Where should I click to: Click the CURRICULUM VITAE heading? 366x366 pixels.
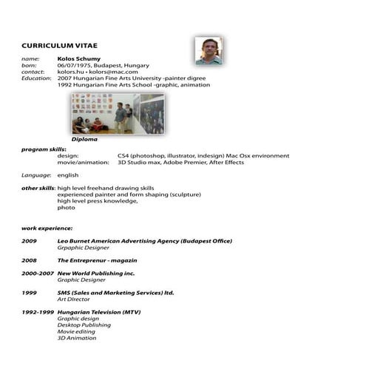[x=59, y=45]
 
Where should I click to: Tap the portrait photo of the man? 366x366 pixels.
[x=209, y=50]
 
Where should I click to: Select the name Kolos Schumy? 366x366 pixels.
[x=78, y=58]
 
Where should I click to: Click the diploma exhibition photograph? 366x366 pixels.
[x=118, y=113]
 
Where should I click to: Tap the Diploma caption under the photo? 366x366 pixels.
[x=84, y=139]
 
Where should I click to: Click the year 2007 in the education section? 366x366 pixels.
[x=64, y=78]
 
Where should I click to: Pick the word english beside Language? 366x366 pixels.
[x=67, y=175]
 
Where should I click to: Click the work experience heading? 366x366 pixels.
[x=47, y=228]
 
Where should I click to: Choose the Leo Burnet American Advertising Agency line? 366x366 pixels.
[x=145, y=241]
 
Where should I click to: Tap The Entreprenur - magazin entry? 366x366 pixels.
[x=97, y=260]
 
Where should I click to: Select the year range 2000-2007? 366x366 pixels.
[x=38, y=274]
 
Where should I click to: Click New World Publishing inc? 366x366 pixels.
[x=96, y=274]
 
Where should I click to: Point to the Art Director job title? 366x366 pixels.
[x=75, y=299]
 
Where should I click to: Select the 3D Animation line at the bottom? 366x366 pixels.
[x=77, y=338]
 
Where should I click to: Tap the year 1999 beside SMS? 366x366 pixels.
[x=29, y=293]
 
